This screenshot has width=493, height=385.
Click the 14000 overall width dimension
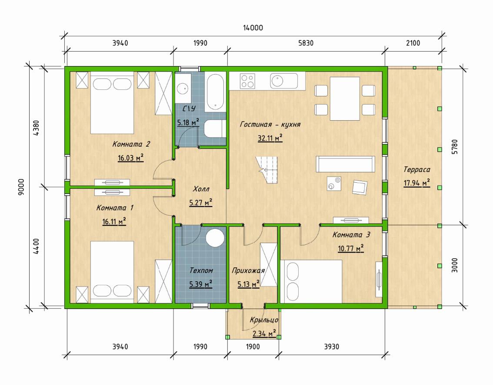point(253,28)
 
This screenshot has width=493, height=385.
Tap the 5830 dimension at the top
point(306,43)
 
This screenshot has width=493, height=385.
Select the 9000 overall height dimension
point(21,187)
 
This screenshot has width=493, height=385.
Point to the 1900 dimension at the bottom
point(253,347)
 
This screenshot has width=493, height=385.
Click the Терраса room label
point(416,170)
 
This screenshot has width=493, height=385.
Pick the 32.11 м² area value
point(270,138)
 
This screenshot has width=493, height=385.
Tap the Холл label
point(200,189)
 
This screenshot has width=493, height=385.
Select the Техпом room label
point(201,270)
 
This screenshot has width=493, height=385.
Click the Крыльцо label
point(264,320)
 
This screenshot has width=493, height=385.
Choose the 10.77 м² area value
point(350,248)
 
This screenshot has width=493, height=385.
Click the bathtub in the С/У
point(215,92)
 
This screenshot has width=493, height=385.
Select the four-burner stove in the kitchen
point(247,81)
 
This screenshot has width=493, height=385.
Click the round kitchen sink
point(277,81)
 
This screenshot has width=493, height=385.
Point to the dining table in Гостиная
point(345,99)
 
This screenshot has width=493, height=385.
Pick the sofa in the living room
point(345,164)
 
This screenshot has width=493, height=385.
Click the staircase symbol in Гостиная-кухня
point(266,170)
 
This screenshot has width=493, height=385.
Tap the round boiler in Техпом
point(215,237)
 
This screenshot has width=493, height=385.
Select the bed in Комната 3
point(311,281)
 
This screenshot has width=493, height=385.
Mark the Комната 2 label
point(131,144)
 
